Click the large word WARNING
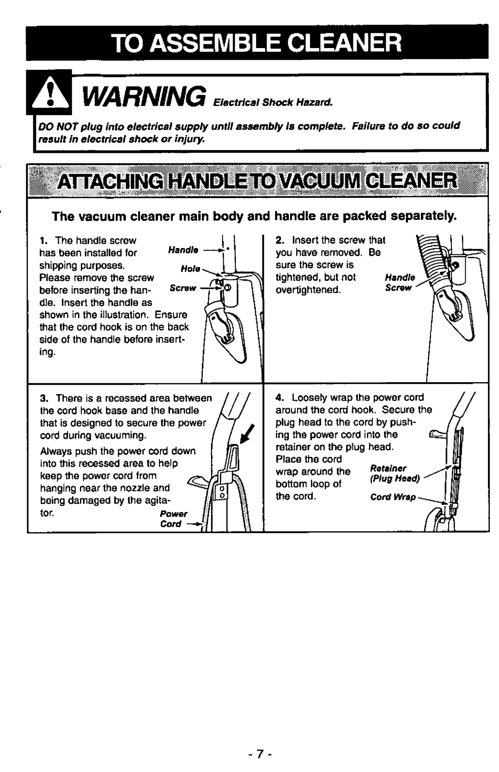point(145,97)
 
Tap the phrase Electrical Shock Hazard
point(273,103)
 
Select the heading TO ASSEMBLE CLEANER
point(257,43)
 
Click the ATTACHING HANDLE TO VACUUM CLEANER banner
point(257,181)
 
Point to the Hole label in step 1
point(190,268)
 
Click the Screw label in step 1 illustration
point(183,288)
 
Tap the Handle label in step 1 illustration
point(183,250)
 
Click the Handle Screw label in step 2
point(400,283)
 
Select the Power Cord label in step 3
point(174,519)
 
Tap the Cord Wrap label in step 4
point(393,497)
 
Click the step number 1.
point(43,241)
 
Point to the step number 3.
point(43,398)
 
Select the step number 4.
point(279,398)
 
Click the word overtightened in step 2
point(308,290)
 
